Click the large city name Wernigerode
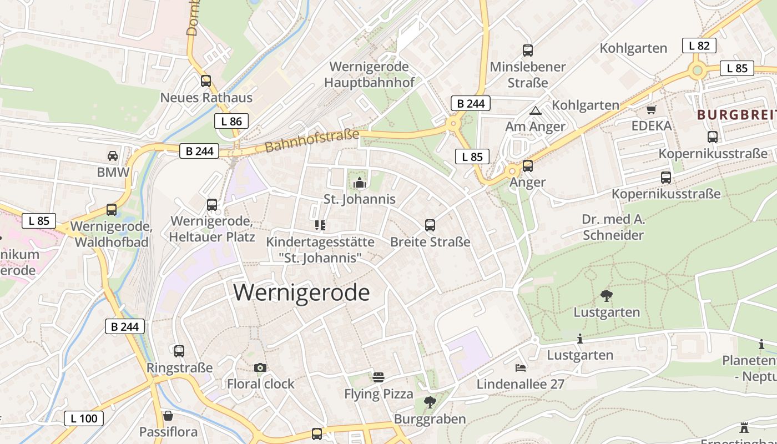[x=301, y=292]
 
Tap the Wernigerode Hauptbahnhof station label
[x=369, y=74]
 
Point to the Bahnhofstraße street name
[x=312, y=141]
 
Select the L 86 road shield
[x=231, y=121]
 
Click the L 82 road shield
[x=699, y=46]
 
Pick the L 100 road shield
[x=84, y=418]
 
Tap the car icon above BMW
[x=113, y=156]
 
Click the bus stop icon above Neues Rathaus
[x=206, y=81]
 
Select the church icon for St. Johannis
[x=360, y=183]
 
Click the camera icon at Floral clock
[x=260, y=367]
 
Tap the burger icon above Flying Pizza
[x=379, y=377]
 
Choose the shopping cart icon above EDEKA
[x=651, y=109]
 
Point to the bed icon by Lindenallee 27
[x=520, y=367]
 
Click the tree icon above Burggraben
[x=430, y=402]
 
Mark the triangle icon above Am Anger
[x=535, y=110]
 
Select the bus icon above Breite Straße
[x=430, y=225]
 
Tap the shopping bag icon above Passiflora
[x=168, y=416]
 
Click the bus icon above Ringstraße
[x=179, y=351]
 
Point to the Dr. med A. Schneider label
[x=613, y=227]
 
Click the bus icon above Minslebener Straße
[x=527, y=51]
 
